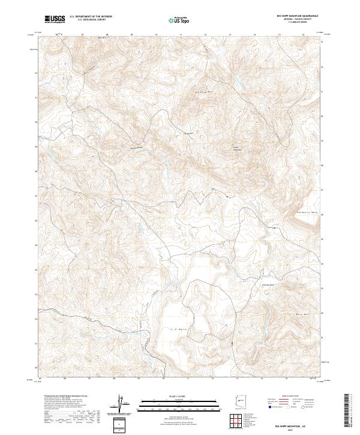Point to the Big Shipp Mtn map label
click(205, 92)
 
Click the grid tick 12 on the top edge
click(205, 35)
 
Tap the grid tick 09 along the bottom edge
click(139, 379)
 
